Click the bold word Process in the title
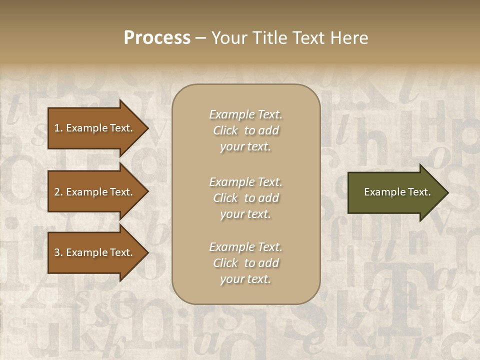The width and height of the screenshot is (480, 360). tap(157, 38)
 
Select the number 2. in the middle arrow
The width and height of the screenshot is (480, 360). tap(58, 192)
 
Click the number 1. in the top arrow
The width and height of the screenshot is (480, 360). tap(58, 128)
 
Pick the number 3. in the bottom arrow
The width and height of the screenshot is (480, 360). tap(58, 252)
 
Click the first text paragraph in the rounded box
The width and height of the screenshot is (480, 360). tap(245, 130)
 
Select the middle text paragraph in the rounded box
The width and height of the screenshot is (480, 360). tap(245, 198)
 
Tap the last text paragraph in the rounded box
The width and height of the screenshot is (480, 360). tap(245, 263)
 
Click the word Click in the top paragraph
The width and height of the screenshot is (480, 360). tap(225, 130)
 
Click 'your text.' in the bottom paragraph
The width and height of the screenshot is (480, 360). tap(245, 279)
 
